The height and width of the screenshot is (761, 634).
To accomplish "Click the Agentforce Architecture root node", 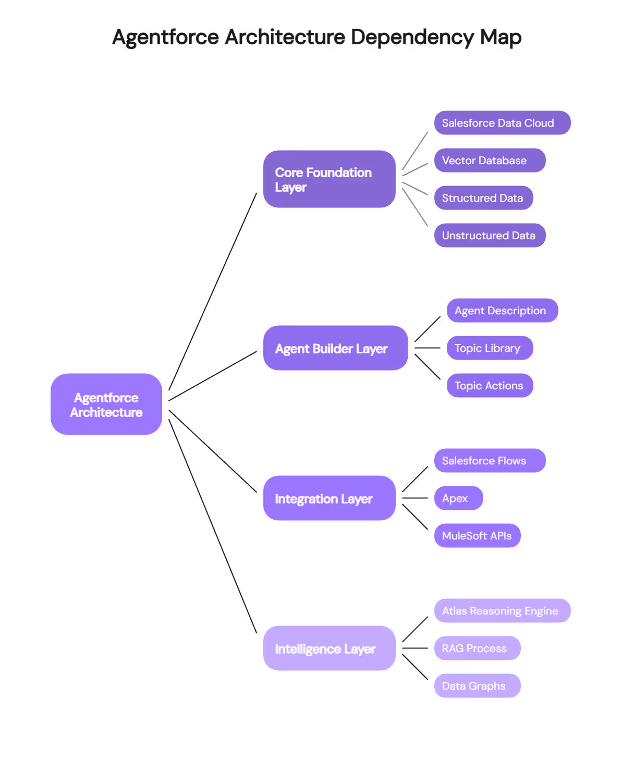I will click(106, 404).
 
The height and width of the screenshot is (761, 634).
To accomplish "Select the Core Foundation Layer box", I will click(329, 179).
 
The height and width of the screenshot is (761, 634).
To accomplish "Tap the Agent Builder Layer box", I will click(335, 348).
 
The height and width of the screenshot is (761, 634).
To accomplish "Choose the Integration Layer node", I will click(329, 498).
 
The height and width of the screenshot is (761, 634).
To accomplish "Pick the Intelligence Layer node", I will click(329, 648).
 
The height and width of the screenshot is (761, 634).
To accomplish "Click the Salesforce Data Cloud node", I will click(502, 123).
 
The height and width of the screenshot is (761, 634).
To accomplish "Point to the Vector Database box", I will click(490, 161).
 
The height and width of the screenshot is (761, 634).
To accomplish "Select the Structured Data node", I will click(483, 198).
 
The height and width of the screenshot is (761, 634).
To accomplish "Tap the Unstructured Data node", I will click(490, 236).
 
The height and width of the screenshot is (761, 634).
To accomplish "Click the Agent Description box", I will click(502, 311).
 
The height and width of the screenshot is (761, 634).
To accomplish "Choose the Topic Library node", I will click(490, 348).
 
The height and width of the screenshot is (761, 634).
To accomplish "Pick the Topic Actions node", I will click(490, 386).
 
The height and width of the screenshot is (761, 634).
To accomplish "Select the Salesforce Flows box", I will click(490, 461).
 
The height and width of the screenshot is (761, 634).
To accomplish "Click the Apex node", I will click(458, 498).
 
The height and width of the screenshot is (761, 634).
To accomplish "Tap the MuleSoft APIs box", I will click(477, 536).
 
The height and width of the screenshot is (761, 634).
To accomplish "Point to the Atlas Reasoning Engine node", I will click(502, 611).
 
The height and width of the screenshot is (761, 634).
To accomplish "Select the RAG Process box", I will click(477, 648).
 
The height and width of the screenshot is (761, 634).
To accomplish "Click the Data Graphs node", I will click(477, 686).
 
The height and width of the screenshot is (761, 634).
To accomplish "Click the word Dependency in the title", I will click(412, 38).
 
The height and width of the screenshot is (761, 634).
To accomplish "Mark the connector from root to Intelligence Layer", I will click(213, 526).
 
